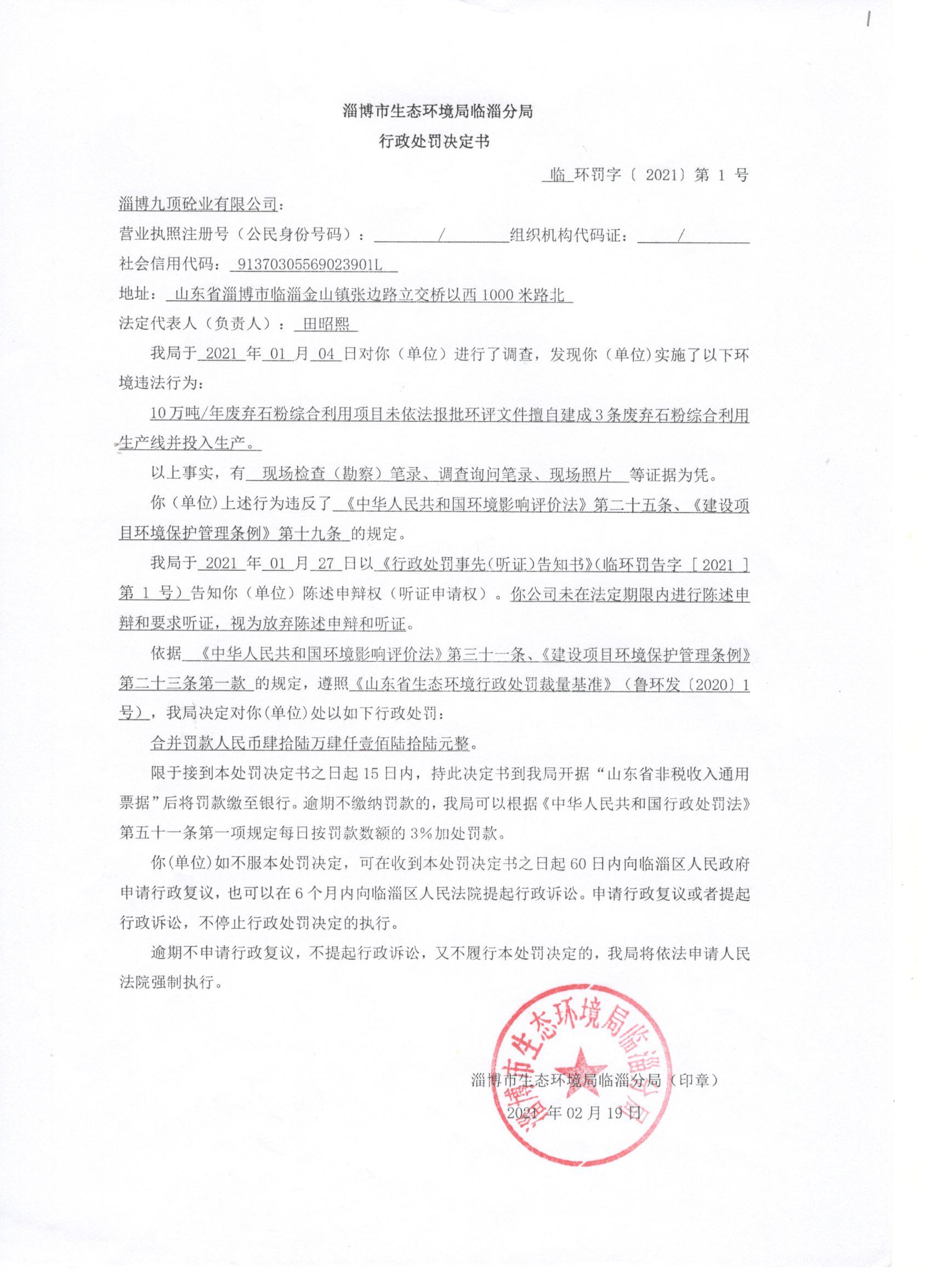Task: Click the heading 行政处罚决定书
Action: pyautogui.click(x=434, y=142)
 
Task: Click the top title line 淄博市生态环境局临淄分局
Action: pyautogui.click(x=438, y=112)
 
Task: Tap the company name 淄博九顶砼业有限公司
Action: pyautogui.click(x=198, y=203)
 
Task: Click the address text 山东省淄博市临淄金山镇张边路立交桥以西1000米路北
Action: pyautogui.click(x=370, y=295)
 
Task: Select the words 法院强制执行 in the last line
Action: pyautogui.click(x=167, y=982)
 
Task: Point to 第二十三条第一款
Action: pyautogui.click(x=182, y=684)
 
